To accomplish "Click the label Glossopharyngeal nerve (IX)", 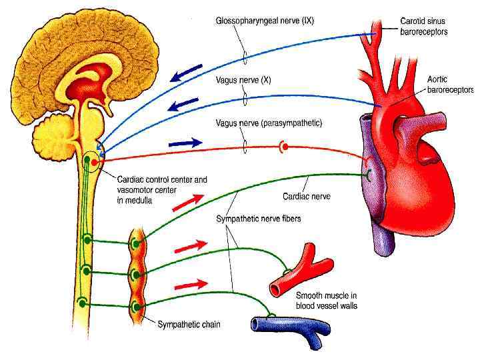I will [264, 21].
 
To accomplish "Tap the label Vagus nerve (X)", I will [243, 80].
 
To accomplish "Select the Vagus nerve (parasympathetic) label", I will [269, 123].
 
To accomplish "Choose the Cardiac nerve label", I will [306, 197].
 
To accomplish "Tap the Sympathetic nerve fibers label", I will [258, 219].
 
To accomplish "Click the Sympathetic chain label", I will [189, 325].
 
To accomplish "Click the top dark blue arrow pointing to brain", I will [187, 71].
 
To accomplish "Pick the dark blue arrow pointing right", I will [185, 143].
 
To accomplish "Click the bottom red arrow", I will [191, 285].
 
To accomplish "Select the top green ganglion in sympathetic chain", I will [135, 243].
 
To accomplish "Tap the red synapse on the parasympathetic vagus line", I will [285, 146].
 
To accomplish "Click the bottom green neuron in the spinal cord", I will [83, 303].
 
